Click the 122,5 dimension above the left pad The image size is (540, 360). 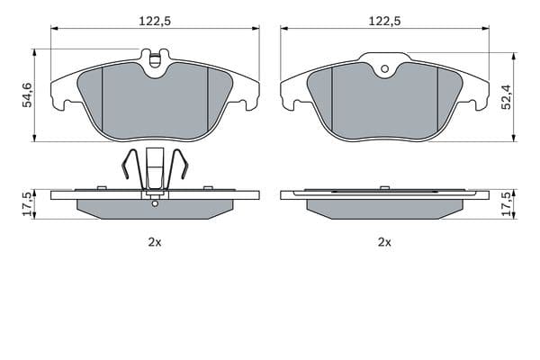pos(155,22)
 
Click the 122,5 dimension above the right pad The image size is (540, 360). pos(384,22)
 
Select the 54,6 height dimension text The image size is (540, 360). pos(27,95)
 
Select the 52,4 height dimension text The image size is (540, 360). pos(506,97)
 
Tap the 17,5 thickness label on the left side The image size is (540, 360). pos(27,204)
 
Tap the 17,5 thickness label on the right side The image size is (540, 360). pos(506,204)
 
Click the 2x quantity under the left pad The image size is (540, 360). pos(155,242)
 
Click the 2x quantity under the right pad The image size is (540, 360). pos(384,242)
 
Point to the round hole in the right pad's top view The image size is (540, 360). pos(385,69)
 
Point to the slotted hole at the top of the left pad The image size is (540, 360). pos(156,60)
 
